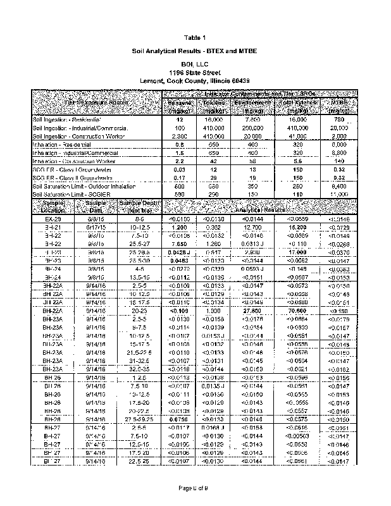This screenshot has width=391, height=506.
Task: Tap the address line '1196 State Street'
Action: click(x=195, y=73)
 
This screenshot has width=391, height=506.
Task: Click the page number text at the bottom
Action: click(x=195, y=488)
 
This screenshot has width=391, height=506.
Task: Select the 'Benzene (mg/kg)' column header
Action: click(x=180, y=106)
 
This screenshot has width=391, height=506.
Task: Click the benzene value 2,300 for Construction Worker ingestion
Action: click(x=180, y=136)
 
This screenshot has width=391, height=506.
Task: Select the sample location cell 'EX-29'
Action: click(x=53, y=218)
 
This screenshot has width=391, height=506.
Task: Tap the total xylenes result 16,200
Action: click(x=297, y=226)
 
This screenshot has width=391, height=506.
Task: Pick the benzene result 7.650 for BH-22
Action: click(x=180, y=243)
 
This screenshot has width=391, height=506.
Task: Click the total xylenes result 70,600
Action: click(x=297, y=311)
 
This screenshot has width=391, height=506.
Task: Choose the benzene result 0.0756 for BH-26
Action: click(x=180, y=419)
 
